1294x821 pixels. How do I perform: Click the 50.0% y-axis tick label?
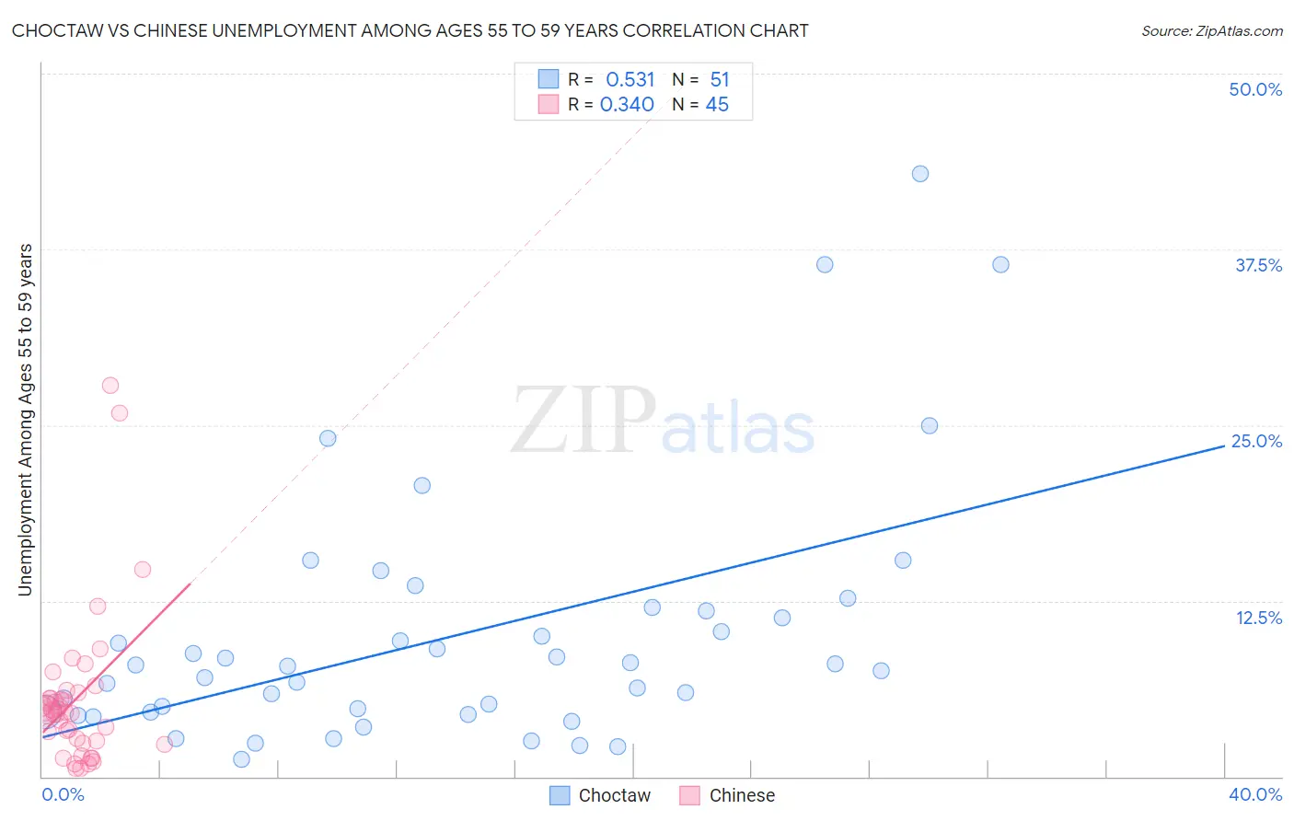[x=1255, y=90]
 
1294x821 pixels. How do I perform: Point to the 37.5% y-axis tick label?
[x=1258, y=266]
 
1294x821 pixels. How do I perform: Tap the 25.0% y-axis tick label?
[x=1256, y=442]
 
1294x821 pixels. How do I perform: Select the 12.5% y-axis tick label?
[x=1258, y=618]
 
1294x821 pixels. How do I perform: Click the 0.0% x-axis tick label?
[x=63, y=794]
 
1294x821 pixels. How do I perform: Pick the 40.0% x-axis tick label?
[x=1254, y=794]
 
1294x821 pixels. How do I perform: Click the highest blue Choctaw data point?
[x=920, y=174]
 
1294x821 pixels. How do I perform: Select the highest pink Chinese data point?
[x=110, y=386]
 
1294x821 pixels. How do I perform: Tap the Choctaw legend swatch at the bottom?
[x=560, y=795]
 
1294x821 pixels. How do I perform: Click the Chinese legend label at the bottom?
[x=742, y=795]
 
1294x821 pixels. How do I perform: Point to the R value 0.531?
[x=630, y=80]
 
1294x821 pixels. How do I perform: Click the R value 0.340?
[x=627, y=105]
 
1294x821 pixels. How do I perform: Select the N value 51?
[x=719, y=80]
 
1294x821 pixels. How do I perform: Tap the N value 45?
[x=717, y=105]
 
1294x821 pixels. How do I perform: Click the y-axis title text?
[x=25, y=420]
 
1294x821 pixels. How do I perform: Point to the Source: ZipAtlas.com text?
[x=1211, y=31]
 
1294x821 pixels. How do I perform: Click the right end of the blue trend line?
[x=1223, y=445]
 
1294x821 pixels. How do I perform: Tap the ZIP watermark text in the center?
[x=583, y=422]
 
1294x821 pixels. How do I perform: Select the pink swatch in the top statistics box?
[x=549, y=105]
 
